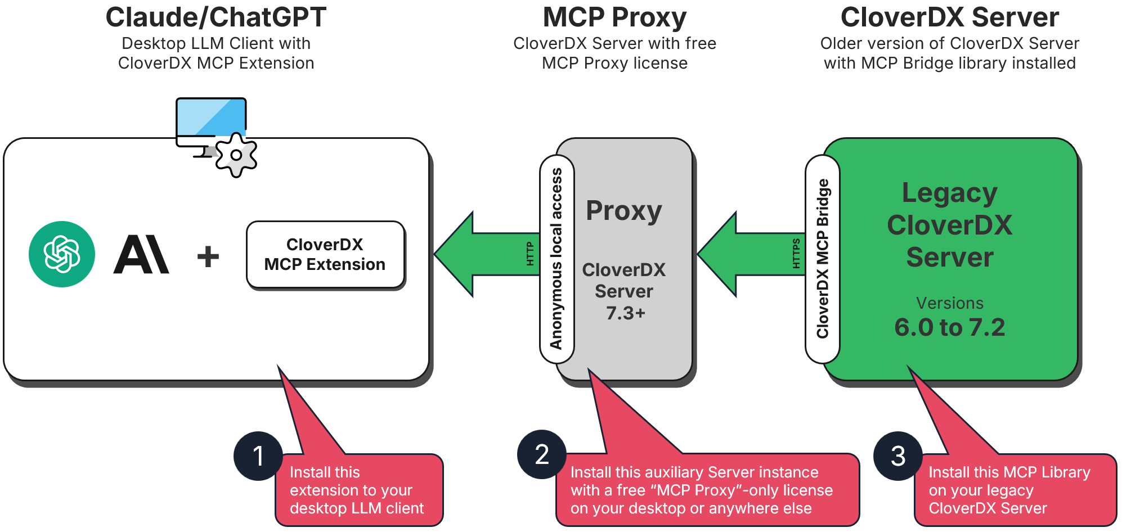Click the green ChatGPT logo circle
[x=62, y=254]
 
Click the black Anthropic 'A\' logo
[x=141, y=255]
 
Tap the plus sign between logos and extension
[x=208, y=256]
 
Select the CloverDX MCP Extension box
[x=325, y=255]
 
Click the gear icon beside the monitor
[x=236, y=156]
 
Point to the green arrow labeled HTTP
[x=484, y=254]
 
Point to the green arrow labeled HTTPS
[x=748, y=254]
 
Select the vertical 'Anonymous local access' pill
[x=556, y=259]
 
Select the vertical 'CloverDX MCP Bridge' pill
[x=822, y=259]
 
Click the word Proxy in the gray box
[x=623, y=211]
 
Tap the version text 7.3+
[x=625, y=313]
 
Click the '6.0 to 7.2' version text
[x=949, y=327]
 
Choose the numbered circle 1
[x=258, y=456]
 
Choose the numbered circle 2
[x=541, y=454]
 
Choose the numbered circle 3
[x=898, y=456]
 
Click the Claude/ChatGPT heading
[x=216, y=17]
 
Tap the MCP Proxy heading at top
[x=614, y=17]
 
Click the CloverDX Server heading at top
[x=949, y=17]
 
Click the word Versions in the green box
[x=949, y=303]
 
